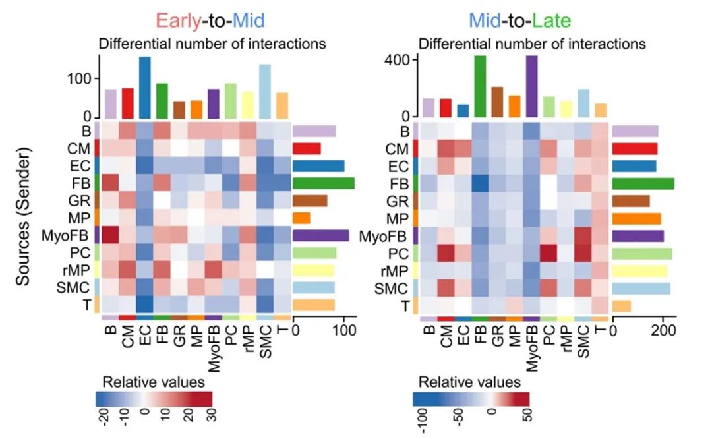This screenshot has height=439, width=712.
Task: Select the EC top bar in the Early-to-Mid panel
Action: (x=144, y=87)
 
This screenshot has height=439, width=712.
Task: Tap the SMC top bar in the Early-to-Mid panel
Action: (x=265, y=92)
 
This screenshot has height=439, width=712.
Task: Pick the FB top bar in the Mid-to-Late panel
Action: (x=480, y=86)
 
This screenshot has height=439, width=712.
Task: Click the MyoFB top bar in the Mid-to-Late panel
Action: (x=531, y=86)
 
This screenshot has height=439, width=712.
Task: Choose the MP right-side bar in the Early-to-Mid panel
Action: (x=301, y=218)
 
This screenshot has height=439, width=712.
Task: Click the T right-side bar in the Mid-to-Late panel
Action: (x=622, y=306)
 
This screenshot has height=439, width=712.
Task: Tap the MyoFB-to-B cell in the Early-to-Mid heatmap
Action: (x=110, y=235)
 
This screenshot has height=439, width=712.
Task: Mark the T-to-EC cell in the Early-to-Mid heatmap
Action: (x=144, y=305)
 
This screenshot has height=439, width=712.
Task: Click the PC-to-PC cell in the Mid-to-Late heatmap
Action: (x=549, y=253)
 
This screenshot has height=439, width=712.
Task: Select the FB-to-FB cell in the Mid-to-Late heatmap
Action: (x=480, y=183)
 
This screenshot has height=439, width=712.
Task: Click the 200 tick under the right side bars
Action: (x=661, y=330)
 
